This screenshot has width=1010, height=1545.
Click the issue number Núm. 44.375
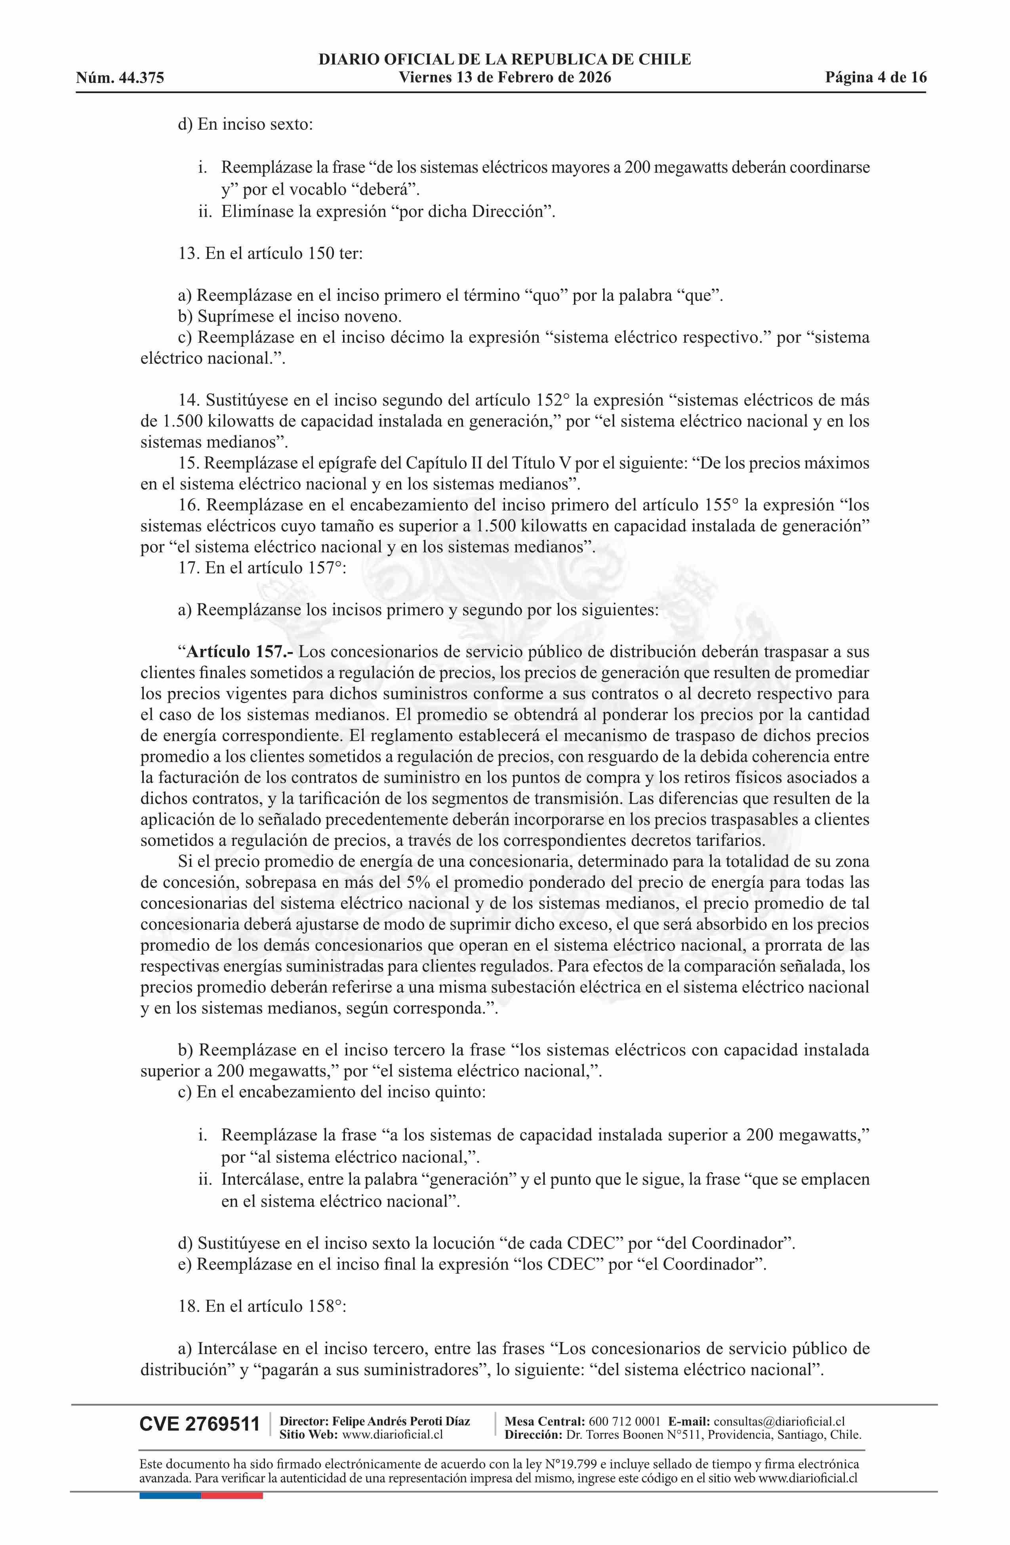(x=120, y=78)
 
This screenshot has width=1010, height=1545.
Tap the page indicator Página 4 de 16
(x=876, y=78)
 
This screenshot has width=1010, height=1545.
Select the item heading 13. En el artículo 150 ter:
(x=270, y=253)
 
